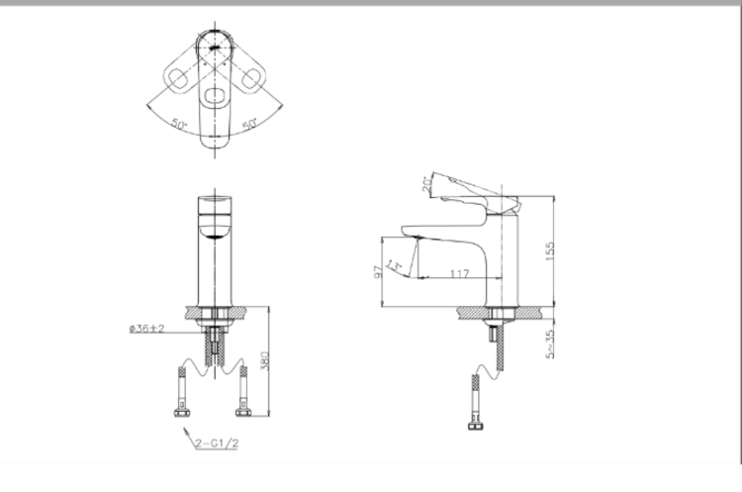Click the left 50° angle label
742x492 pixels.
(x=179, y=125)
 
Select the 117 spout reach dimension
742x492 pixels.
(x=458, y=272)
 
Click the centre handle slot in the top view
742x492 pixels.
(x=215, y=97)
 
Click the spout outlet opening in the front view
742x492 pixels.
(x=214, y=231)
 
